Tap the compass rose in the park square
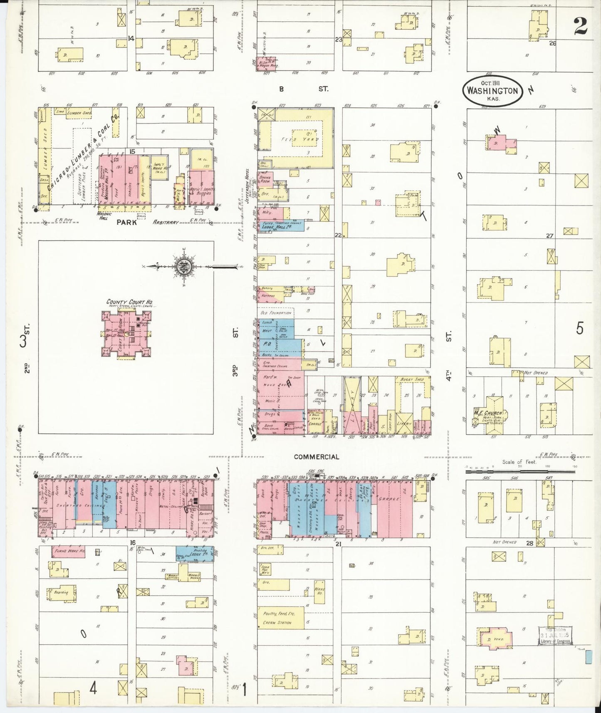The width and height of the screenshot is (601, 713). pos(183,267)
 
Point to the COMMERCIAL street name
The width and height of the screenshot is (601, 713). pos(317,457)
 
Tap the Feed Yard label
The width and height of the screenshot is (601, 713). pos(295,139)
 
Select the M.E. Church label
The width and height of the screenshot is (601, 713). pos(489,413)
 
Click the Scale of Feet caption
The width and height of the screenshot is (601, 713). pos(519,462)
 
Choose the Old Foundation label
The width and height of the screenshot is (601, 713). pos(275,313)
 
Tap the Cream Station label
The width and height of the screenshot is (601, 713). pos(277,623)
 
